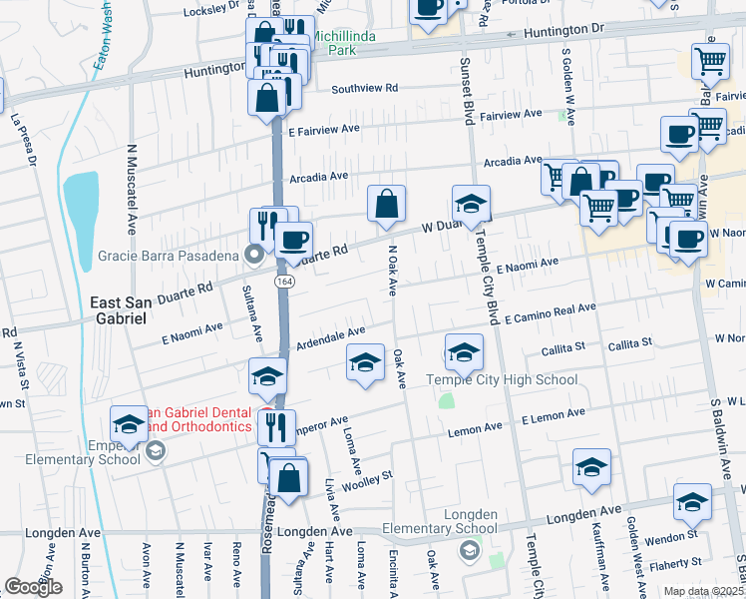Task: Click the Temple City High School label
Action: coord(501,379)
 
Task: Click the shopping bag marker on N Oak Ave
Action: coord(387,204)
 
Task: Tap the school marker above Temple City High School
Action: coord(464,351)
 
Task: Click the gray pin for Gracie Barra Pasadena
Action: coord(254,255)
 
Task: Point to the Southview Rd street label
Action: coord(364,88)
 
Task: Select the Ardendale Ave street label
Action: coord(328,335)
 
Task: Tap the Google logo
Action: coord(34,587)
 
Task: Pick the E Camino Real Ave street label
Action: coord(550,313)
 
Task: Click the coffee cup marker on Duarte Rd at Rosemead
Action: coord(293,240)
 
